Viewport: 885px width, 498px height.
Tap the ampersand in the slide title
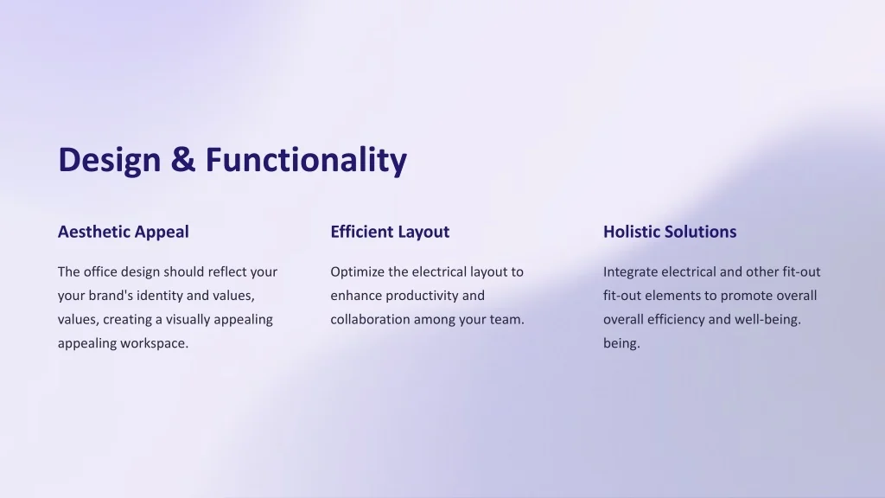pos(183,160)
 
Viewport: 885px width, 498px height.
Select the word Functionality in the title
pos(306,160)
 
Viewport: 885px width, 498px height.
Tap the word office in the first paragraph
pos(100,271)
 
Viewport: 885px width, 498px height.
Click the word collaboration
pos(370,319)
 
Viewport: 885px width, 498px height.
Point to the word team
pos(506,319)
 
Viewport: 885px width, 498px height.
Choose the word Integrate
pos(630,272)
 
